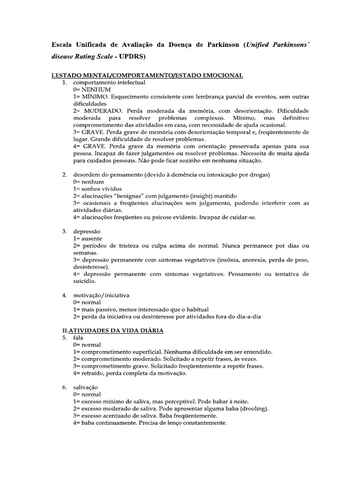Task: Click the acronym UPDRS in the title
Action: tap(132, 57)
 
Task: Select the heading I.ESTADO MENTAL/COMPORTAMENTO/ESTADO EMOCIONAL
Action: tap(146, 75)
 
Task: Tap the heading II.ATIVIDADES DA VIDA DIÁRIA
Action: tap(107, 330)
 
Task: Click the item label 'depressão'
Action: tap(87, 232)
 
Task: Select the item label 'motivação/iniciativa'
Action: tap(101, 295)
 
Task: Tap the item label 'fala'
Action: tap(78, 337)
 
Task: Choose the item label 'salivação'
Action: tap(86, 387)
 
